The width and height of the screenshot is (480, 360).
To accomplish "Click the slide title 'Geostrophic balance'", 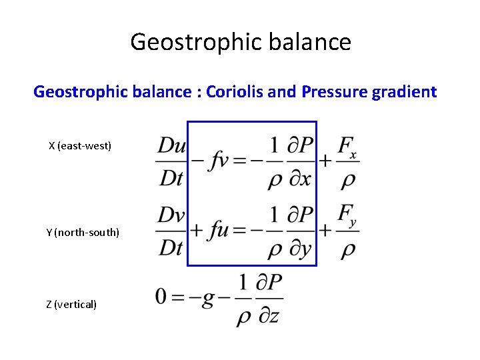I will point(240,42).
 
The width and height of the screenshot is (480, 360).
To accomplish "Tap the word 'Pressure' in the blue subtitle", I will point(331,92).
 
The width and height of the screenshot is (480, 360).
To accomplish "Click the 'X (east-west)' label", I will point(80,145).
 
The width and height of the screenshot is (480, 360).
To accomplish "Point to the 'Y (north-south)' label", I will point(83,232).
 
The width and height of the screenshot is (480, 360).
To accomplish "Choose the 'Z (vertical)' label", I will point(71,304).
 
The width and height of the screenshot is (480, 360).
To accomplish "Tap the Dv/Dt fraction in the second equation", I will point(171,231).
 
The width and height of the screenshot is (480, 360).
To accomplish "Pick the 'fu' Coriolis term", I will point(219,231).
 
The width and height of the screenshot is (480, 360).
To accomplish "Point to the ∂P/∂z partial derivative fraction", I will point(269,299).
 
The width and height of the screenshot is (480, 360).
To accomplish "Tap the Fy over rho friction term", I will point(347,231).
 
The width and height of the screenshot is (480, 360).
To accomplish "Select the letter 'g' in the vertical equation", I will point(208,299).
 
